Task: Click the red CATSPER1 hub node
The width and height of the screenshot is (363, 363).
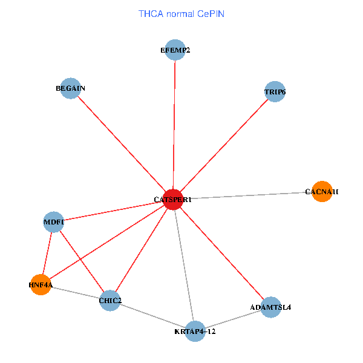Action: [174, 199]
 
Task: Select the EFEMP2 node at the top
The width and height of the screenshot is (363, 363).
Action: [175, 50]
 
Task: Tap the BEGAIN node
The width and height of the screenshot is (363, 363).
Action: [71, 88]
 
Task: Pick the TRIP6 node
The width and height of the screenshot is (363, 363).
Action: [275, 92]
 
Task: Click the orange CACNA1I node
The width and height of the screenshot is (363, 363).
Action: [322, 192]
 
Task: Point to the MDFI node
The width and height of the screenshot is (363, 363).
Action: [54, 222]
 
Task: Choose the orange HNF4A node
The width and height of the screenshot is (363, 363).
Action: [41, 284]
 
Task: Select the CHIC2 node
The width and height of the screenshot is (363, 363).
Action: [110, 301]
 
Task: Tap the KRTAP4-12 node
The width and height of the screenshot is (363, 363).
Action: [195, 332]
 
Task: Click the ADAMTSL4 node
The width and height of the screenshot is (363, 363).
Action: [270, 307]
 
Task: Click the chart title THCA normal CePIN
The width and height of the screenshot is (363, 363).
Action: [181, 13]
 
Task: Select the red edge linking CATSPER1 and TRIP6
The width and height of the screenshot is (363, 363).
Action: [224, 146]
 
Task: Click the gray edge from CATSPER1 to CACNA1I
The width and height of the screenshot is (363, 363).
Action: [248, 195]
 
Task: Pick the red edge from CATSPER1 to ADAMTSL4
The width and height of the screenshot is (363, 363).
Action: [222, 253]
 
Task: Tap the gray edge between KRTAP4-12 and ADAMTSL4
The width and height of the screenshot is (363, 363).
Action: [233, 319]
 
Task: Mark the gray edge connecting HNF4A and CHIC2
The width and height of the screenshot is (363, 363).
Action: [76, 292]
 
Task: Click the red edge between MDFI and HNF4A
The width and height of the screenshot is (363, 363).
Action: [47, 253]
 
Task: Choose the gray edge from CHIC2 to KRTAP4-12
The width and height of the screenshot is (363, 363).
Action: [152, 316]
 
